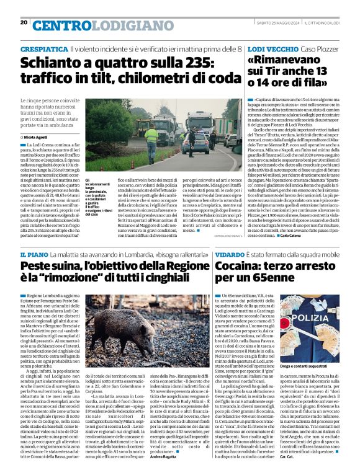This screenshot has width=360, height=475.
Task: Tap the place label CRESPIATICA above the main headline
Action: click(x=44, y=48)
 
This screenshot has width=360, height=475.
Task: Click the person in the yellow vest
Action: click(x=151, y=135)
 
